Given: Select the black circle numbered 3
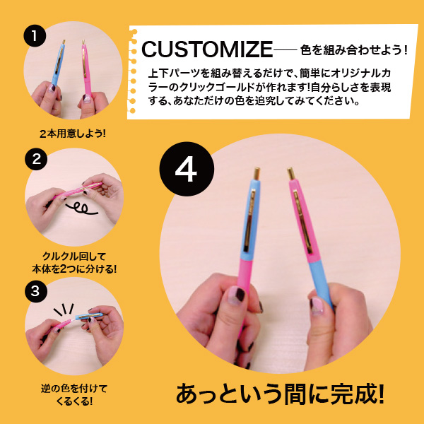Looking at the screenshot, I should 35,290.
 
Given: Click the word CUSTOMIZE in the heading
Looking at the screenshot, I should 207,49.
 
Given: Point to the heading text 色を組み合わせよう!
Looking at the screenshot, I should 355,49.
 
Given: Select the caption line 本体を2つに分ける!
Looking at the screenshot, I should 69,269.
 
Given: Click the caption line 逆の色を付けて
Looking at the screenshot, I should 69,389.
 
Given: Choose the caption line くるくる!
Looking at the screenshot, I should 69,401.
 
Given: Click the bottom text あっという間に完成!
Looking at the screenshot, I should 280,394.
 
